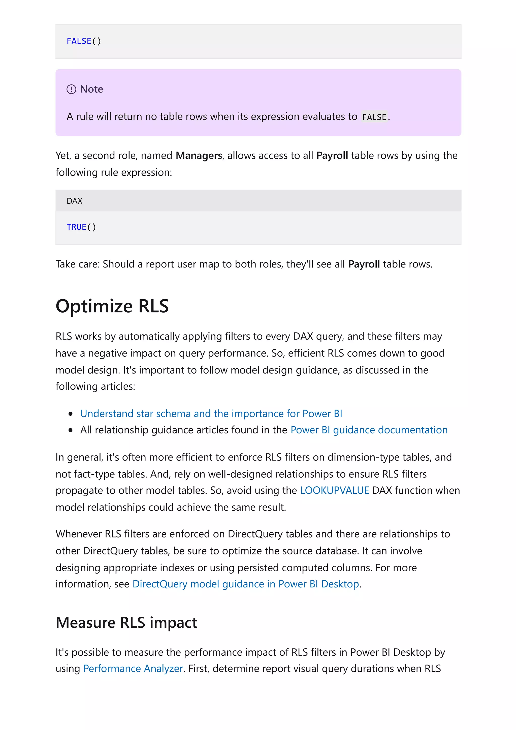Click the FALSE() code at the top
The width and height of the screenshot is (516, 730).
[x=84, y=41]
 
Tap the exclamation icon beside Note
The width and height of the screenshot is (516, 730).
[x=71, y=89]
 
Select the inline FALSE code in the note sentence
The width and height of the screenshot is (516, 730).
[x=374, y=117]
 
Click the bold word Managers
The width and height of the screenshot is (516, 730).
[x=199, y=155]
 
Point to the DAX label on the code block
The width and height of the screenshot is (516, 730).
[x=74, y=201]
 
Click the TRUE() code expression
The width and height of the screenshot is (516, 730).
[x=81, y=227]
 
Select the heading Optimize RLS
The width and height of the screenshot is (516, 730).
[x=112, y=306]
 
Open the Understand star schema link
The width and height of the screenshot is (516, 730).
[x=211, y=414]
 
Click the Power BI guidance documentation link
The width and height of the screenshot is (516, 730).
[x=369, y=430]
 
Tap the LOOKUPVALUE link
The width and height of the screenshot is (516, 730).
[x=334, y=490]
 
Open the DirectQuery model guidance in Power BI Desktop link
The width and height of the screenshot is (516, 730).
[x=245, y=584]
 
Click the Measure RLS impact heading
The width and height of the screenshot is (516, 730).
[x=126, y=622]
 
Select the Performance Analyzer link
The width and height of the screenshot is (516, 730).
[x=133, y=669]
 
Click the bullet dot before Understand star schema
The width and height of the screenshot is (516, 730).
[x=71, y=414]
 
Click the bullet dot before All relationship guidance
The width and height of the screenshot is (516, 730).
[x=71, y=430]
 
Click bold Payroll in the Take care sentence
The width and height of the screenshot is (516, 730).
[x=364, y=264]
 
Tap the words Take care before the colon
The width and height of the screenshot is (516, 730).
[x=77, y=264]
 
